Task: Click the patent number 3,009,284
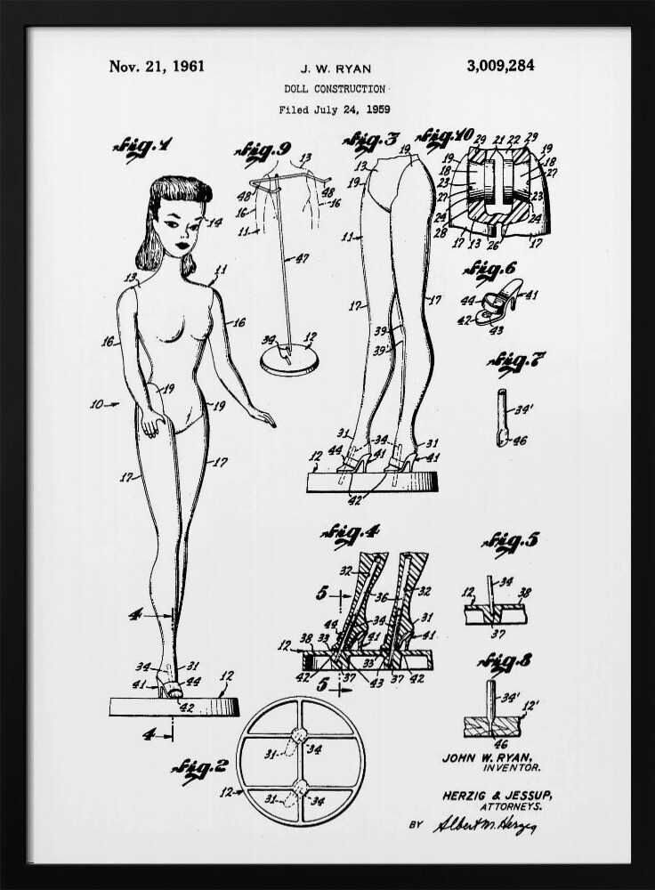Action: tap(499, 66)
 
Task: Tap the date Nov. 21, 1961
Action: tap(157, 66)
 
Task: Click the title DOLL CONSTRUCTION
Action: tap(335, 89)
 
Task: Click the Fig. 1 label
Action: tap(142, 147)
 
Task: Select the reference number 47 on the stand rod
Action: tap(303, 259)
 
